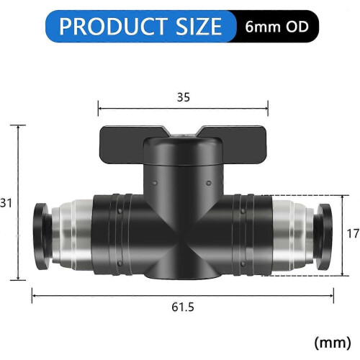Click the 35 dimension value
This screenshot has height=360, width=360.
coord(184,97)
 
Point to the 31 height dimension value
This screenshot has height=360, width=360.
coord(6,203)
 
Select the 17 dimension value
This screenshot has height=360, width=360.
coord(353,233)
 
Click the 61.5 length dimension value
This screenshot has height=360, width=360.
coord(183,307)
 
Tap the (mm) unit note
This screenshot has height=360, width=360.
coord(333,343)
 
